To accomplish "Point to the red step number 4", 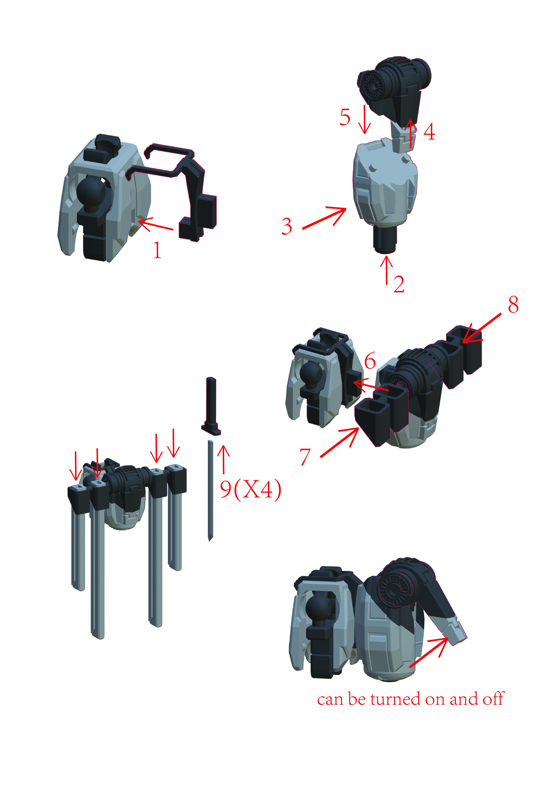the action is tap(430, 132).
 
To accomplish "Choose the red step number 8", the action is tap(513, 304).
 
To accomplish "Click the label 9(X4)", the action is tap(251, 489).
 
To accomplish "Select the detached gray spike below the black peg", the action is tap(210, 490).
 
